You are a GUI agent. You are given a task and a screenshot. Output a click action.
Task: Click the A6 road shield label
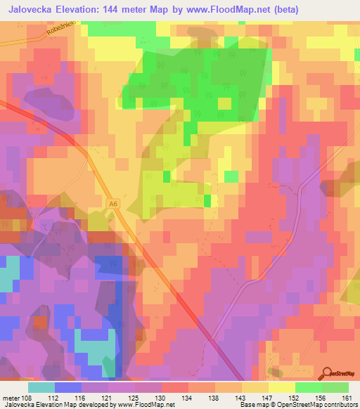(x=112, y=204)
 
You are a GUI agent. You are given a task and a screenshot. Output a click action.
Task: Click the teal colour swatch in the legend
(x=41, y=387)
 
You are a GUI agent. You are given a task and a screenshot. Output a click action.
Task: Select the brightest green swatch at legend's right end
(x=335, y=387)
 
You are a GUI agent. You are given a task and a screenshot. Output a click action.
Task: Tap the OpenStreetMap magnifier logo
(x=327, y=375)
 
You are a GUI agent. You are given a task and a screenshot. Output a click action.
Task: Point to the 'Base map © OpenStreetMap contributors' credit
(x=297, y=404)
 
